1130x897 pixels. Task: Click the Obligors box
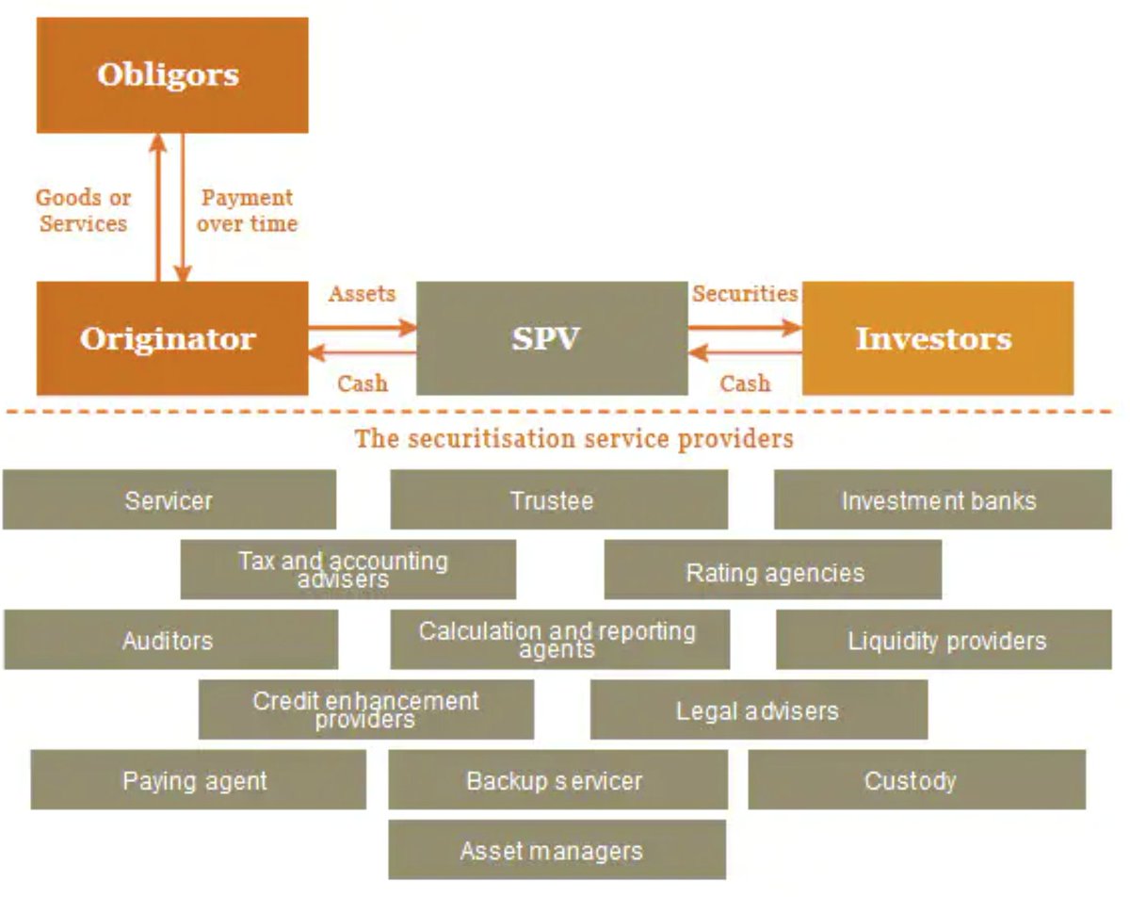click(172, 75)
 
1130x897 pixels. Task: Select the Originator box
click(172, 338)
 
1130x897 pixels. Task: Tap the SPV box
click(552, 338)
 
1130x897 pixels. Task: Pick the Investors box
click(938, 338)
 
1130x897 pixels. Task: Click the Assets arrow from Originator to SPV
click(363, 328)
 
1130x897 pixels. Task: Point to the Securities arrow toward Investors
click(745, 328)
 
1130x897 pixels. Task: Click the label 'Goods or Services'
click(84, 211)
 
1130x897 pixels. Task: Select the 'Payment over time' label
click(248, 211)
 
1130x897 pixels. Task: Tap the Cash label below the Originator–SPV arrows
click(363, 383)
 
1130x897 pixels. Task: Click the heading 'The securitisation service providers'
click(573, 439)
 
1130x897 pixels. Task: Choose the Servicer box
click(169, 499)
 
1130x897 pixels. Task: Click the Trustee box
click(559, 499)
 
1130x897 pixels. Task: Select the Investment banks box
click(943, 499)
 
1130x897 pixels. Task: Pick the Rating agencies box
click(773, 570)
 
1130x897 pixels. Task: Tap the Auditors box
click(171, 640)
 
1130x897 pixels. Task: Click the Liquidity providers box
click(944, 640)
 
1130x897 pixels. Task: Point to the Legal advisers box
click(759, 709)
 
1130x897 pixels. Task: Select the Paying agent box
click(199, 780)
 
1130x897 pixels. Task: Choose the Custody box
click(917, 780)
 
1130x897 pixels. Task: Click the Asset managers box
click(557, 850)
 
